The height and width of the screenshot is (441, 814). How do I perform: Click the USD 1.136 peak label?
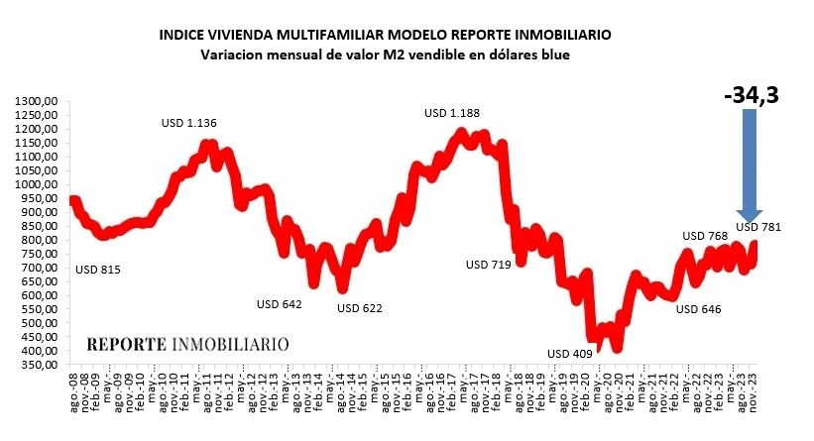coord(188,123)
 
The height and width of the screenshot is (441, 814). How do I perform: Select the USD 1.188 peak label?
coord(451,113)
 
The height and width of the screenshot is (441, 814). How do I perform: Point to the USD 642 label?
coord(279,304)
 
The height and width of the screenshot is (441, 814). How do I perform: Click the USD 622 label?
coord(359,308)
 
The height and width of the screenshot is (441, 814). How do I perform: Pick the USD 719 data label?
coord(491,265)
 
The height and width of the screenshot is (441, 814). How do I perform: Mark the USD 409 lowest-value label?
coord(571,354)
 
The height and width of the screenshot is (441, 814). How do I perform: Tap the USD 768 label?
coord(706,235)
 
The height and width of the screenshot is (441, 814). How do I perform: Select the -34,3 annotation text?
coord(751,95)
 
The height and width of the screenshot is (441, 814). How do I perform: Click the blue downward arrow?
coord(749,165)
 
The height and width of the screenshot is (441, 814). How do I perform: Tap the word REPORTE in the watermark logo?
coord(128,345)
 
